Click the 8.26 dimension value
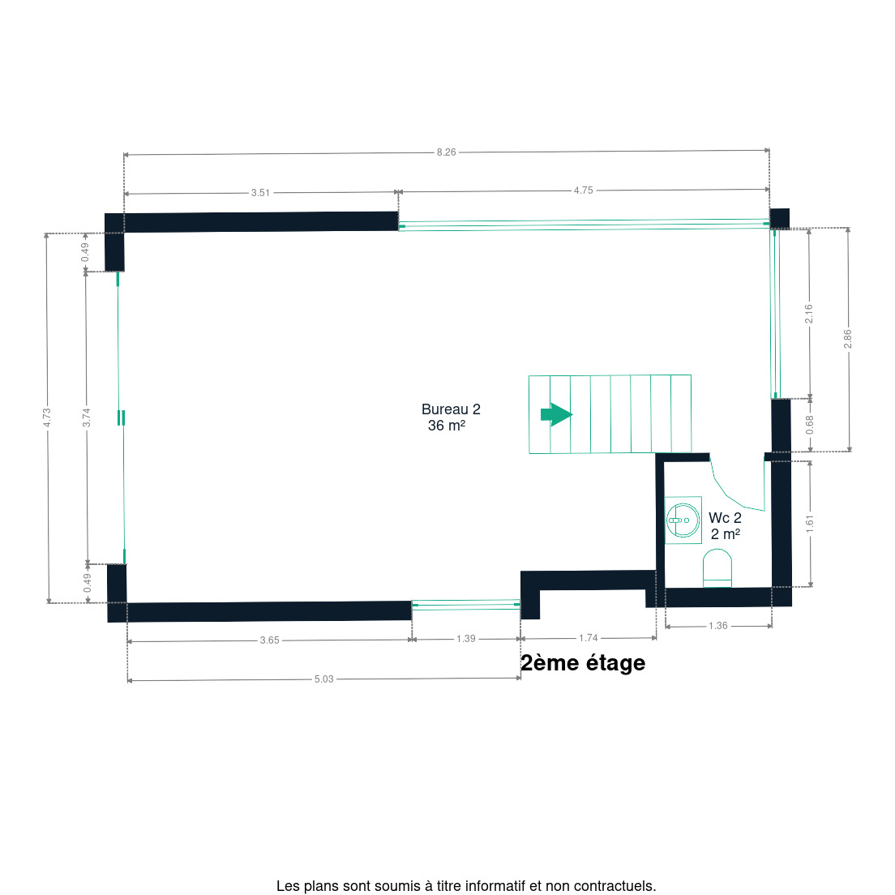pos(447,152)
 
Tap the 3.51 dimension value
pos(260,193)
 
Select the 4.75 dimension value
pos(584,191)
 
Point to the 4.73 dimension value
pos(47,418)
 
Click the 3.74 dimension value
pos(86,418)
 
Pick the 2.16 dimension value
pos(809,314)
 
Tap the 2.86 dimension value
pos(848,339)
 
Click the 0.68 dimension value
pos(810,425)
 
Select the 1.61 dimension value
pos(810,524)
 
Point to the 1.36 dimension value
pos(718,626)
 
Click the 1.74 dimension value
pos(589,638)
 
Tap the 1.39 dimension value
pos(466,639)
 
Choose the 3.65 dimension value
pos(269,640)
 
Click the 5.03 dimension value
pos(323,679)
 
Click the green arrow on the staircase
pos(556,414)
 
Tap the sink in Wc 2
pos(683,520)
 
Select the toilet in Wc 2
pos(717,568)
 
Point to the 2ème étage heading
pos(583,663)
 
